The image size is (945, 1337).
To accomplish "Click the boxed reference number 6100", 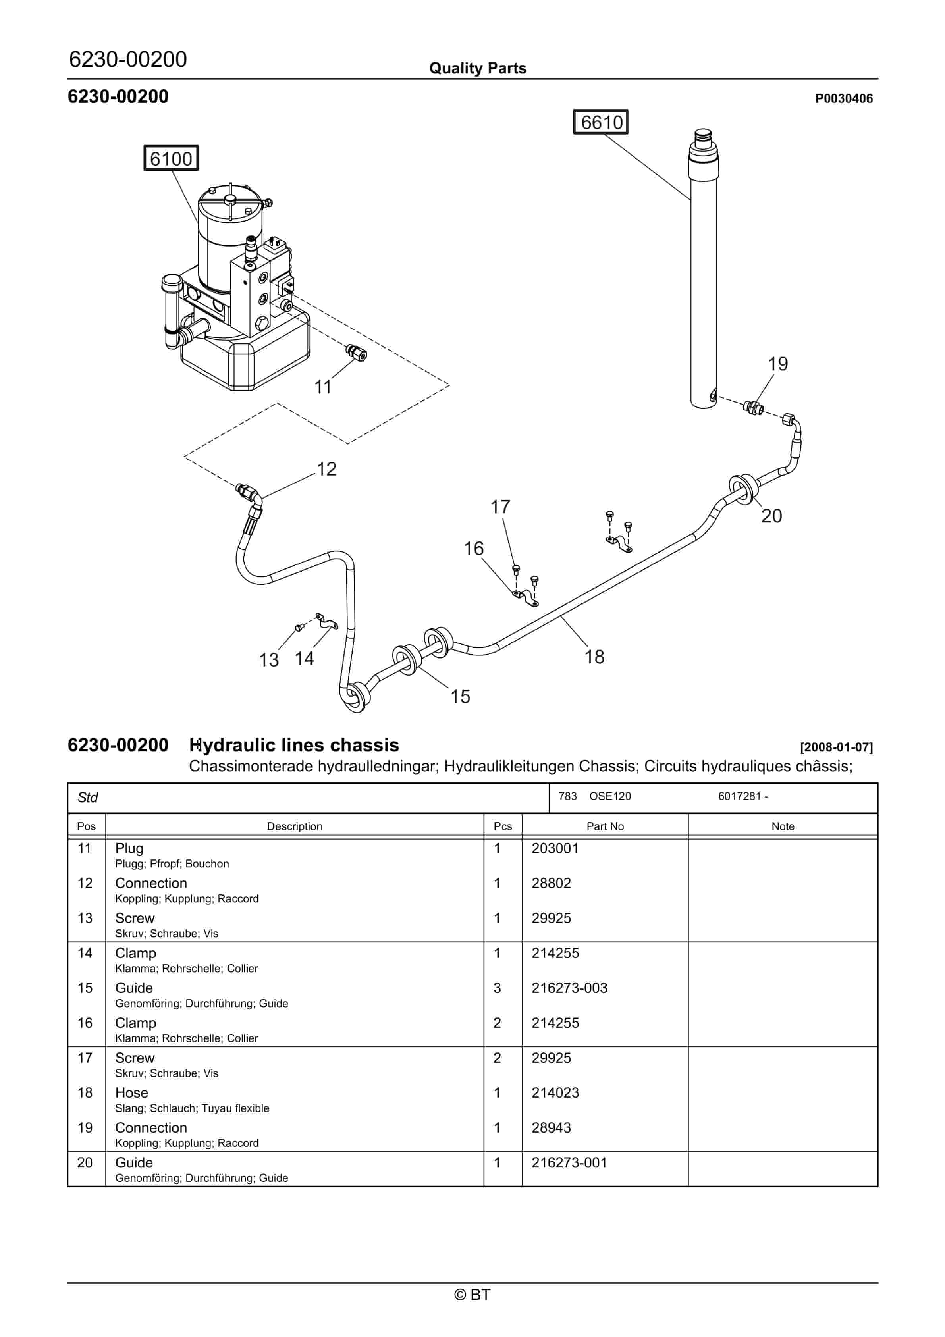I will pyautogui.click(x=171, y=158).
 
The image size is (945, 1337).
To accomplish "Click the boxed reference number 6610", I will pyautogui.click(x=601, y=122).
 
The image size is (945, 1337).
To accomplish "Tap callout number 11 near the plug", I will pyautogui.click(x=323, y=387).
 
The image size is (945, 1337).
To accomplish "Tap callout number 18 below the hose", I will pyautogui.click(x=594, y=657).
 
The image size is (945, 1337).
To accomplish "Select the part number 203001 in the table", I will pyautogui.click(x=555, y=848).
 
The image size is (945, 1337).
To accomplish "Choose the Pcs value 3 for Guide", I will pyautogui.click(x=497, y=988).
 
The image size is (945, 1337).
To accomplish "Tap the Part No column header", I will pyautogui.click(x=605, y=826).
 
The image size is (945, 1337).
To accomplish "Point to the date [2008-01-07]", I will pyautogui.click(x=836, y=747).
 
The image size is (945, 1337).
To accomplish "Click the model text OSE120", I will pyautogui.click(x=609, y=796).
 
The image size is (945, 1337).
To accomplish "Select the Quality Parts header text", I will pyautogui.click(x=477, y=68).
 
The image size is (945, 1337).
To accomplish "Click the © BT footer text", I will pyautogui.click(x=472, y=1295).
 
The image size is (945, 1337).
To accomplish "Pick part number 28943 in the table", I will pyautogui.click(x=551, y=1128).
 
